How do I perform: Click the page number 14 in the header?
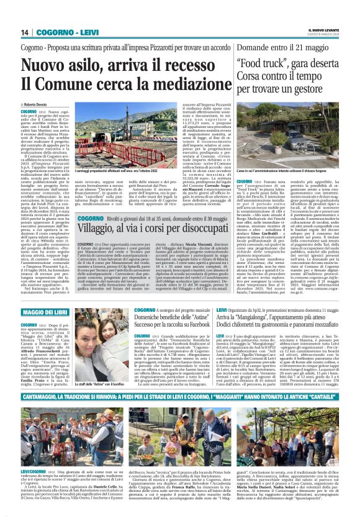click(25, 32)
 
